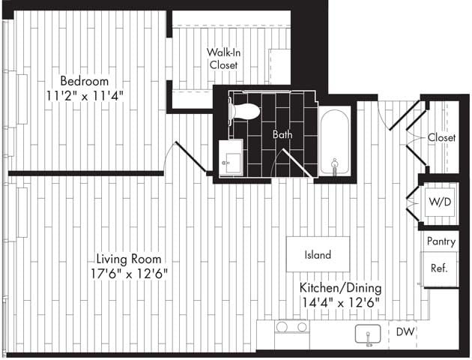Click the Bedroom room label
point(84,81)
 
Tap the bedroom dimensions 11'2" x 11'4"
point(84,95)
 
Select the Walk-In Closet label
point(223,58)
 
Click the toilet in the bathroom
point(243,112)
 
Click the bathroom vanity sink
point(231,159)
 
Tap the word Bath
point(282,135)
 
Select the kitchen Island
point(318,255)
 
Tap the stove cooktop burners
point(291,327)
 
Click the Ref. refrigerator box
point(439,268)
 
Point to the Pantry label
point(441,241)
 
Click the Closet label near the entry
point(441,137)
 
